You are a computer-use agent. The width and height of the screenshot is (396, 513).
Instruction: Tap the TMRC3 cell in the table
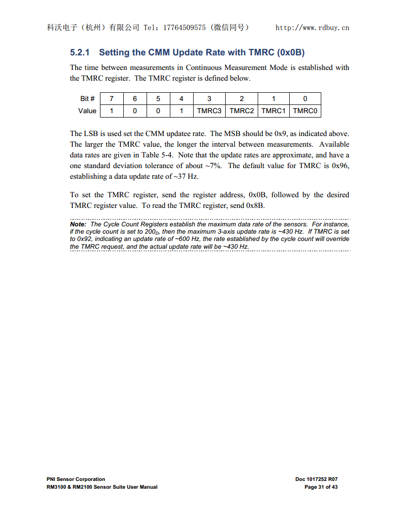[x=209, y=111]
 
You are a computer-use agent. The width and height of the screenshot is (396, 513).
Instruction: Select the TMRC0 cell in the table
[x=305, y=111]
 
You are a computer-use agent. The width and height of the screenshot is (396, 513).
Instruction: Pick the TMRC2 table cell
[x=242, y=111]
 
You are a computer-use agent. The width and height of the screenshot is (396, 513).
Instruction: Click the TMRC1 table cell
[x=273, y=111]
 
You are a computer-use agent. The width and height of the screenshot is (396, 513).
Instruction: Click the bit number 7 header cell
[x=112, y=99]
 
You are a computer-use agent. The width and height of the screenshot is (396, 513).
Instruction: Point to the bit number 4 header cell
[x=181, y=99]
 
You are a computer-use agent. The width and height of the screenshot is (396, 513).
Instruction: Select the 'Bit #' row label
[x=87, y=99]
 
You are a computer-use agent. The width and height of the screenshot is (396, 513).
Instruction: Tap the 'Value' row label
[x=87, y=111]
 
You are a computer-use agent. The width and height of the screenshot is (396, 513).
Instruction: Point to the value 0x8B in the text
[x=255, y=205]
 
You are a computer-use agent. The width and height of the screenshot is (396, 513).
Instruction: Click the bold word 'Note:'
[x=78, y=224]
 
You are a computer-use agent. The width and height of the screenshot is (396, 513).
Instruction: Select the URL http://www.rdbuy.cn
[x=312, y=28]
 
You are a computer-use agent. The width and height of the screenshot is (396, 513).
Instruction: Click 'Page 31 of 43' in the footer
[x=321, y=487]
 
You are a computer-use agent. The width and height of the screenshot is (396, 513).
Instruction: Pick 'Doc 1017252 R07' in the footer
[x=316, y=479]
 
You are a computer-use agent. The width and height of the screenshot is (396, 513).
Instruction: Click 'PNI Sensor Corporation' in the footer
[x=76, y=479]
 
